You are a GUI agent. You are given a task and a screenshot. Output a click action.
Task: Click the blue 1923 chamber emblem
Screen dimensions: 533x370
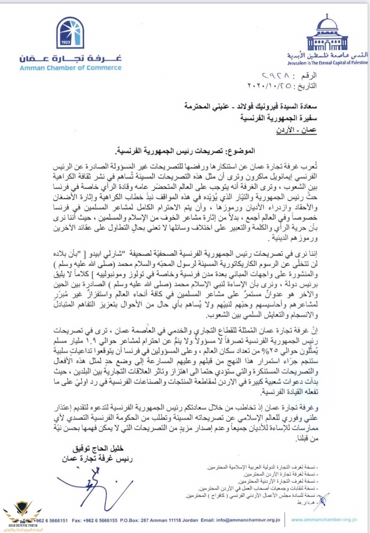point(70,33)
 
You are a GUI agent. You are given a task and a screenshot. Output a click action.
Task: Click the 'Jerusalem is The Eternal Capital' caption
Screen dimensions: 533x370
point(327,62)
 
